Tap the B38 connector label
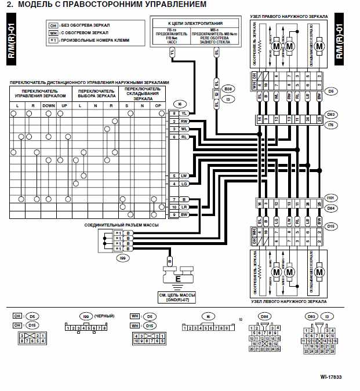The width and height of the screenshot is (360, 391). pos(228,89)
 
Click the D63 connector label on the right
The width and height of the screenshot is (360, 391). pos(331,114)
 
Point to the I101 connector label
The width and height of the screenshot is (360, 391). pos(331,197)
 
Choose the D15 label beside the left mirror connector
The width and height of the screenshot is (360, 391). pos(331,225)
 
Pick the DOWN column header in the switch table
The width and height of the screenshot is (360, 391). pos(48,106)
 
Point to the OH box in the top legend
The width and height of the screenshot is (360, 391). pos(53,26)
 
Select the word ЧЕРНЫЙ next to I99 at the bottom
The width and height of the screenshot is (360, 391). pos(103,315)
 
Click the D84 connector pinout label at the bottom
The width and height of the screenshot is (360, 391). pos(264,316)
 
